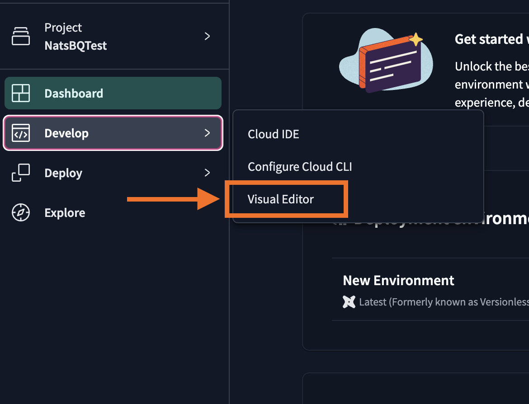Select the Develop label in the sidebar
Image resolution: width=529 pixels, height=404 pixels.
[x=66, y=133]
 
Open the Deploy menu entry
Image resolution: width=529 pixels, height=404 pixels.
[x=63, y=173]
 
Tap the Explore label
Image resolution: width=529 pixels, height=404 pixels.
[x=65, y=213]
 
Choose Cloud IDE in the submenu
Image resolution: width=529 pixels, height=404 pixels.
[x=273, y=134]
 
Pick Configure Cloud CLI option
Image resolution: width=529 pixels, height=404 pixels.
[x=300, y=167]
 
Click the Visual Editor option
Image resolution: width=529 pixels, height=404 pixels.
[x=281, y=199]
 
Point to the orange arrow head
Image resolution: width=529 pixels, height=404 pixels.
[x=209, y=199]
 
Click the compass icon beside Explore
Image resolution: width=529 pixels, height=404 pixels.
[x=21, y=212]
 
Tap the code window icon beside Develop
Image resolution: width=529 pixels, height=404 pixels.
[x=21, y=133]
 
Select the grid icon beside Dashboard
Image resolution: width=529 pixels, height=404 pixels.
[x=21, y=93]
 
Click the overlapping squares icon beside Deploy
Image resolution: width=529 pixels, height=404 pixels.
[x=21, y=173]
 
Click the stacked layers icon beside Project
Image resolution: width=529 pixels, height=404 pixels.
[x=21, y=36]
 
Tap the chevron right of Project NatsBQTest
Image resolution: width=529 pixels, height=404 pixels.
[x=207, y=36]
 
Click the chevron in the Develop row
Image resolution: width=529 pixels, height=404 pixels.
[x=207, y=133]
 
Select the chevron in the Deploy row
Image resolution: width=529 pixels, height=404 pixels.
[x=207, y=173]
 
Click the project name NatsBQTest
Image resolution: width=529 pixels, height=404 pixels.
[x=76, y=46]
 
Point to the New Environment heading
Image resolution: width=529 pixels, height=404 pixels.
[x=398, y=281]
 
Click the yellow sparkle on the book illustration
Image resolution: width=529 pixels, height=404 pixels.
[x=416, y=40]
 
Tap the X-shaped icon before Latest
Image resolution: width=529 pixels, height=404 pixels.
[x=349, y=302]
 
